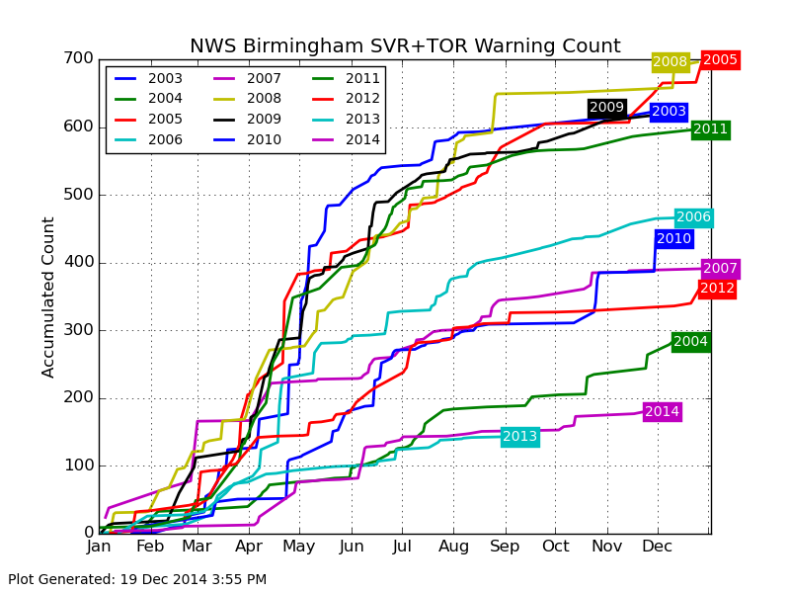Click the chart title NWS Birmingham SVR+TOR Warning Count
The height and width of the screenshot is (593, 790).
(x=405, y=46)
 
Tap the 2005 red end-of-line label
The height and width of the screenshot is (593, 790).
(x=720, y=60)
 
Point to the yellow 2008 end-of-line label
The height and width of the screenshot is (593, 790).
(x=670, y=62)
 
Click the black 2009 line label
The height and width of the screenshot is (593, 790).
(x=606, y=108)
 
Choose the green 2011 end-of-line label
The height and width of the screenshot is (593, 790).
(x=710, y=129)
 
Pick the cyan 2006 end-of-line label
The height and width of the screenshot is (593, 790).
(x=693, y=217)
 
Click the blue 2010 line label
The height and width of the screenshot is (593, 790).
(x=673, y=239)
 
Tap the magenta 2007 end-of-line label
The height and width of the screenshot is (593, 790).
(x=720, y=269)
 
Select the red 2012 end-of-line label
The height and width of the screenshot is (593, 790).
(x=717, y=289)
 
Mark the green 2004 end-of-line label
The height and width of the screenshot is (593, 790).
(x=690, y=342)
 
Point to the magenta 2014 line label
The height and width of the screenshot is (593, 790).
(x=662, y=412)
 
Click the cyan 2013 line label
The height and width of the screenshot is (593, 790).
(x=519, y=437)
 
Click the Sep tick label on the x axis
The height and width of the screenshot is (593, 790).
(x=505, y=547)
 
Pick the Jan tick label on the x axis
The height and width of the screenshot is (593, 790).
(x=99, y=547)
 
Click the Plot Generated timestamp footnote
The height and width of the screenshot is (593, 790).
(x=137, y=579)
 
